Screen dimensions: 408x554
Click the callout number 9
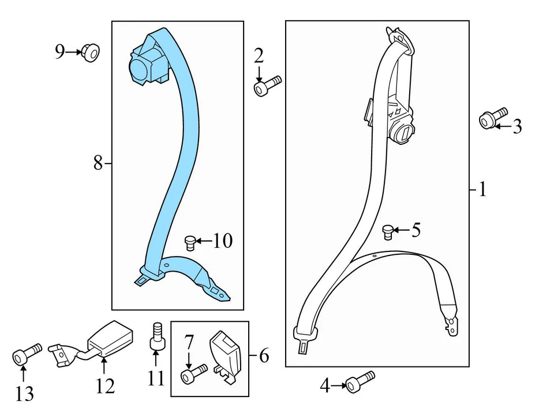pos(60,53)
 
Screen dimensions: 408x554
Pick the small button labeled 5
pos(388,232)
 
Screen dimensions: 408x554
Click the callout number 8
pos(98,164)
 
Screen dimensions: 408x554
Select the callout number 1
pos(482,189)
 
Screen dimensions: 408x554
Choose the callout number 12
pos(106,385)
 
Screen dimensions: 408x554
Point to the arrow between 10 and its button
pos(203,240)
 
